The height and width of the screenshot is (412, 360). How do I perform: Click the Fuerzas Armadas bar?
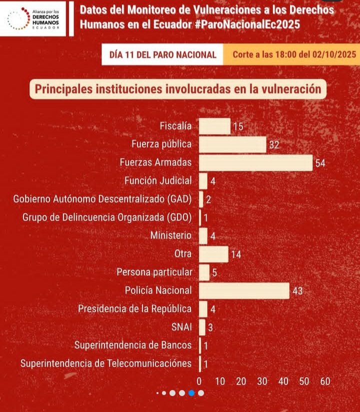click(x=255, y=163)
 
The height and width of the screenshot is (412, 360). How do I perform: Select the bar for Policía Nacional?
click(x=244, y=290)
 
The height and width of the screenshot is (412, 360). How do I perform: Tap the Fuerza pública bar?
click(x=232, y=145)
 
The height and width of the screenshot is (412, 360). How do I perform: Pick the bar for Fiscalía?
click(x=215, y=126)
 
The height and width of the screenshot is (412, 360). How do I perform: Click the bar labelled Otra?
click(x=213, y=254)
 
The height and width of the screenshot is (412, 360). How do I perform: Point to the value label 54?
click(x=320, y=163)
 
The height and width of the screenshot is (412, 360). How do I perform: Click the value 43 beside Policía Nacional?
click(x=297, y=291)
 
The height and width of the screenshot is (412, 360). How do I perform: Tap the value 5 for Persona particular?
click(x=214, y=273)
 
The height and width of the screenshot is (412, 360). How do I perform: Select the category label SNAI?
click(x=181, y=327)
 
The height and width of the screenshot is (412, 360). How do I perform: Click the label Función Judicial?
click(x=158, y=181)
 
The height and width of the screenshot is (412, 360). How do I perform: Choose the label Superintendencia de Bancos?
click(x=133, y=345)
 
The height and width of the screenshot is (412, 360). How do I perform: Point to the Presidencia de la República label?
click(x=135, y=308)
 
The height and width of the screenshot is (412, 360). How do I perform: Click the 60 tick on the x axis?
click(x=325, y=381)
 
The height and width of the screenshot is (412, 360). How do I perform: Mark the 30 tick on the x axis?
click(x=262, y=381)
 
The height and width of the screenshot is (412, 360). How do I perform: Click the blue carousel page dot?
click(x=191, y=393)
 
